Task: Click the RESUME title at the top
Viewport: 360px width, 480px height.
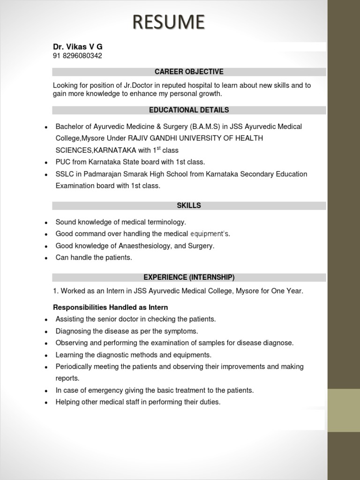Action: coord(168,22)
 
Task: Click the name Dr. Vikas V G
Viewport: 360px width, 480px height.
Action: coord(77,47)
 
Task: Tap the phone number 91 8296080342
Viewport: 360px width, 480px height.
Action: coord(77,56)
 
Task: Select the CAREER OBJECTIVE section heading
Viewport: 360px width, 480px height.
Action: coord(189,72)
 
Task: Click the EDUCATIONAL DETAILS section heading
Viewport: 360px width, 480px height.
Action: coord(189,110)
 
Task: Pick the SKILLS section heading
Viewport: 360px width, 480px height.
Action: coord(189,206)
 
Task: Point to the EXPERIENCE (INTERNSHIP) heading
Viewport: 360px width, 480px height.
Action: coord(189,277)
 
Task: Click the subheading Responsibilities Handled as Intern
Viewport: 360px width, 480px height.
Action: coord(110,307)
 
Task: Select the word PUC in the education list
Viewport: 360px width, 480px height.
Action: coord(63,162)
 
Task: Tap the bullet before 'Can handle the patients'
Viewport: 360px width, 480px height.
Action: coord(45,258)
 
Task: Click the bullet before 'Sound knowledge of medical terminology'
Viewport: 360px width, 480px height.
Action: coord(45,223)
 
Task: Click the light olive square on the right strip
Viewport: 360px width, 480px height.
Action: coord(344,410)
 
